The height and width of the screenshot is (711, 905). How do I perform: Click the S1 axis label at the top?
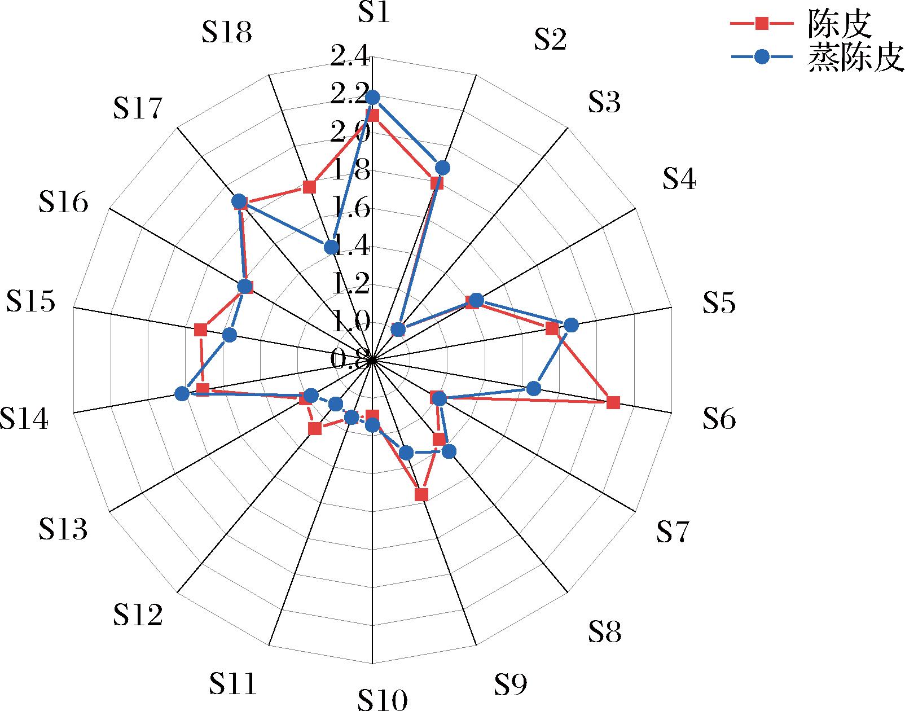coord(374,12)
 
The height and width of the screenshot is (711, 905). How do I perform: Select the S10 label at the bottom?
coord(382,700)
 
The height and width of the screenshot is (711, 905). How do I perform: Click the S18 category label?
coord(226,33)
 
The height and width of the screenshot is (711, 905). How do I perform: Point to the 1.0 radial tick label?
coord(350,323)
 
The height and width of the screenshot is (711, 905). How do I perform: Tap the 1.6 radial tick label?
coord(350,209)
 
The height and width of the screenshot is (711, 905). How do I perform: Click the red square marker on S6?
coord(614,402)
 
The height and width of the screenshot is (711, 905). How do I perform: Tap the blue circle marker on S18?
coord(331,247)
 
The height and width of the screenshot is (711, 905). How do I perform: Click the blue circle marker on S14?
coord(182,394)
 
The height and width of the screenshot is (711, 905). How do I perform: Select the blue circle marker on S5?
coord(571,325)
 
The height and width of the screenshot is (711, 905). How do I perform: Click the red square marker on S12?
coord(315,429)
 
